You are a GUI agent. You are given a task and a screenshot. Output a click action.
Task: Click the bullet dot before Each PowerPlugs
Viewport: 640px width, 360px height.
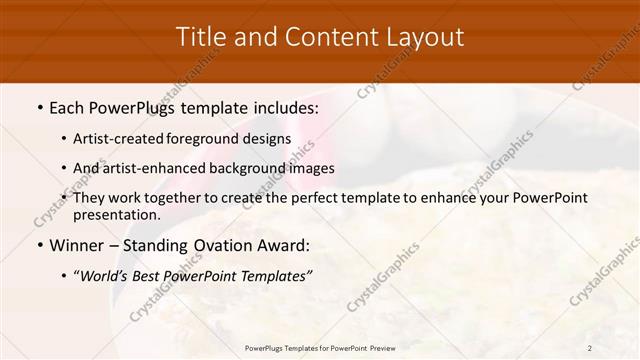[x=39, y=107]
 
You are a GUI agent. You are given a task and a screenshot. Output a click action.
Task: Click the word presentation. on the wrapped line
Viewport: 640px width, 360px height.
[x=116, y=214]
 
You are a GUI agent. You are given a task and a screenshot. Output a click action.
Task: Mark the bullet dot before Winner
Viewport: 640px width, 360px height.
[x=39, y=245]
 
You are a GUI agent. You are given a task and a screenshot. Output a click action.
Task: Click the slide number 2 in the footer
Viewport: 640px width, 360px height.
[x=590, y=348]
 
